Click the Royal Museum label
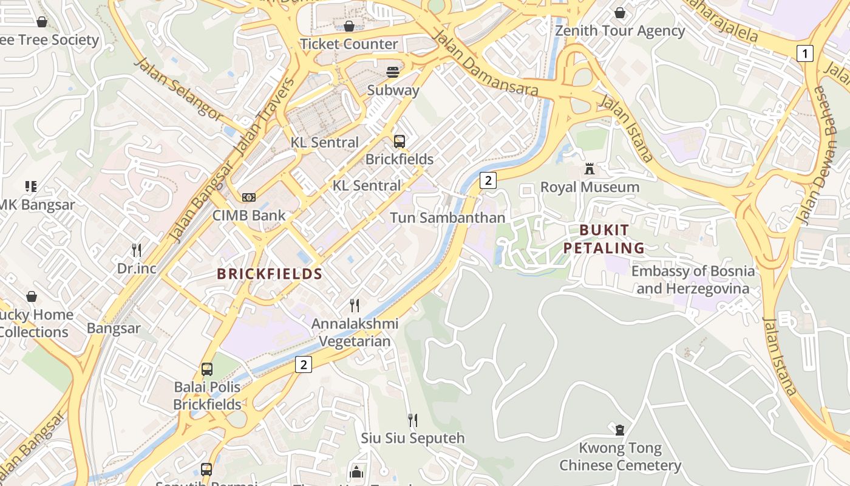590,187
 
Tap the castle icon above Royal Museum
590,169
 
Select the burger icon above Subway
393,72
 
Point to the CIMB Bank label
249,216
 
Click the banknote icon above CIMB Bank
249,197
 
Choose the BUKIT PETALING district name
603,239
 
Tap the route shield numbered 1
804,53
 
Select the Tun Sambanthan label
447,217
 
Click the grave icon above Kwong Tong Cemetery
620,430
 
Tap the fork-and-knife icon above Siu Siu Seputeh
413,420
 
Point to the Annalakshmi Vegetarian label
355,332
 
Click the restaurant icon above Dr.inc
137,250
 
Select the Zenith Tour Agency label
620,31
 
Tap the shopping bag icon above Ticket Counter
349,26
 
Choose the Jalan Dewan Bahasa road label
815,156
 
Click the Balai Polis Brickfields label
207,395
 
